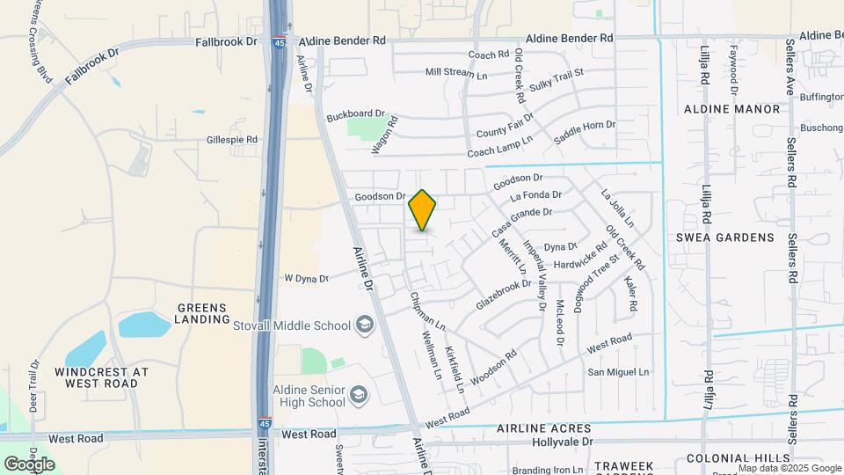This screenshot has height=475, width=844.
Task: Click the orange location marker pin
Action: coord(422,210)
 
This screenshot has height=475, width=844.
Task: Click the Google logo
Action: coord(29,464)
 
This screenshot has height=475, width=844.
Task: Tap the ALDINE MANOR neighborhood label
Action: coord(731,109)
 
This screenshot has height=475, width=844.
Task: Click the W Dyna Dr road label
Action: coord(306,279)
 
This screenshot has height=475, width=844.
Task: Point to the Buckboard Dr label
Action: coord(356,115)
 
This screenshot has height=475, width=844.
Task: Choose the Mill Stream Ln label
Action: coord(455,73)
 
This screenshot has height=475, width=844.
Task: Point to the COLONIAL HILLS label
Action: coord(738,458)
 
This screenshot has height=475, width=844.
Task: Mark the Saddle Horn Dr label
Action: coord(586,133)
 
